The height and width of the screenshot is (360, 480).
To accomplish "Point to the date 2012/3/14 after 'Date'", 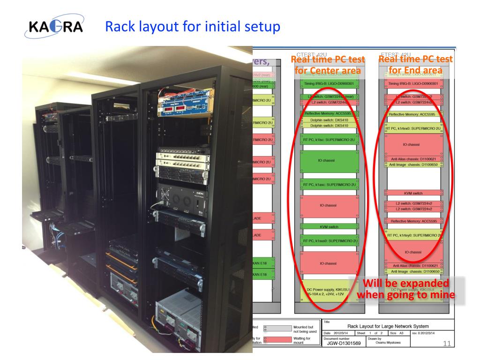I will click(345, 333).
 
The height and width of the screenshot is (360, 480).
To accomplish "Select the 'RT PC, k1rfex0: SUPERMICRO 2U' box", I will click(413, 128).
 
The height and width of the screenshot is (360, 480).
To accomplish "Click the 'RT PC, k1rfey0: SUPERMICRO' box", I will click(413, 235).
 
